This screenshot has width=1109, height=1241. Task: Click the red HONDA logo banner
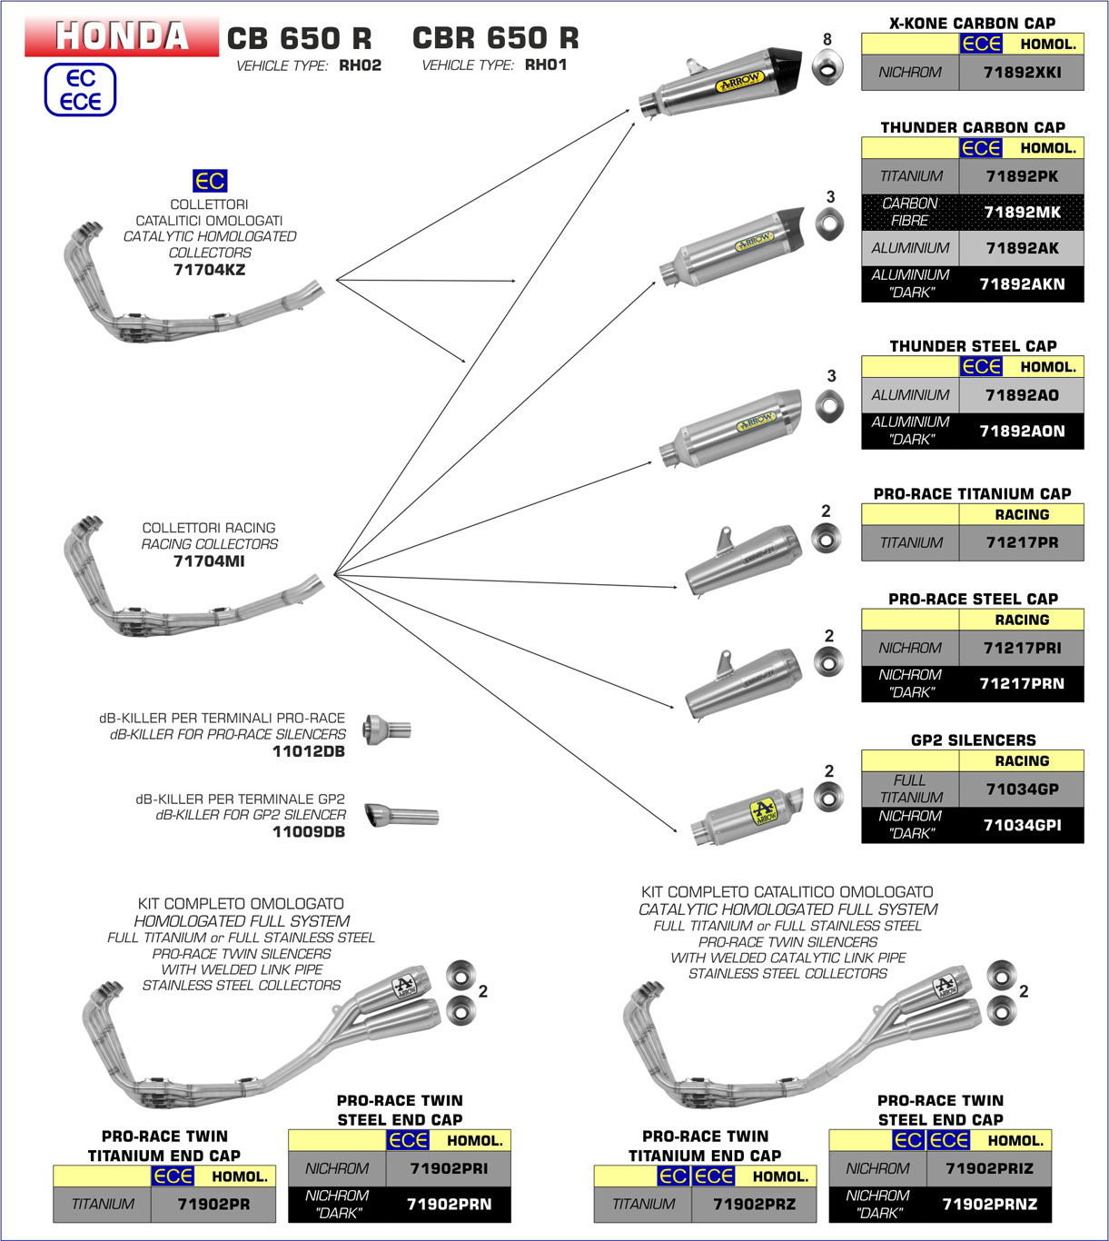click(122, 36)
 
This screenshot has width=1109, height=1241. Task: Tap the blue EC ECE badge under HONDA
click(81, 90)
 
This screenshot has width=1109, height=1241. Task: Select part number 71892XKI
click(1022, 73)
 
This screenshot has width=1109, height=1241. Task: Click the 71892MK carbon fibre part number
click(1022, 212)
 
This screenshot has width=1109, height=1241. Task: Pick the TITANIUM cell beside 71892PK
click(910, 176)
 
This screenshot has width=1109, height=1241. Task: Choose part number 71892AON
click(1022, 431)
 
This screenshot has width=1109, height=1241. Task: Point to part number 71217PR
click(1022, 542)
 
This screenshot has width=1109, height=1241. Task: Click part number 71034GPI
click(1022, 825)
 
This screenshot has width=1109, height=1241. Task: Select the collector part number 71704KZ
click(209, 270)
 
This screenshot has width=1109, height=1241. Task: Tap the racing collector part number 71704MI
click(209, 561)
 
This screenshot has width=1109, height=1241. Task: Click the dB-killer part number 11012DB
click(309, 751)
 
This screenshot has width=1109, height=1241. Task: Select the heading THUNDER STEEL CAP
click(973, 346)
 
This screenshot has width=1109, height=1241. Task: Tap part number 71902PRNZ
click(989, 1205)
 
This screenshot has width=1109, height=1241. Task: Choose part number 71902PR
click(213, 1205)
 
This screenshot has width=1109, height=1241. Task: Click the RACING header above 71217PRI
click(1022, 620)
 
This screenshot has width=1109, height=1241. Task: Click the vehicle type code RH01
click(546, 65)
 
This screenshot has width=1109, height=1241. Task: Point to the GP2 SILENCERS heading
click(973, 740)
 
